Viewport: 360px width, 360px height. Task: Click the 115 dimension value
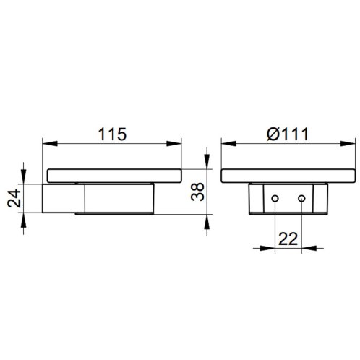(x=112, y=134)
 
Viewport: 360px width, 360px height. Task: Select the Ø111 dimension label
(x=288, y=134)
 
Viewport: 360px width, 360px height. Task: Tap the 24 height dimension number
(x=14, y=198)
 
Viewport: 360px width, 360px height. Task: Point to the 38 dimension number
(x=197, y=192)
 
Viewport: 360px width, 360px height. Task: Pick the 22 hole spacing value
(x=288, y=239)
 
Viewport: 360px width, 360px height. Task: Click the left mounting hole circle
(x=275, y=199)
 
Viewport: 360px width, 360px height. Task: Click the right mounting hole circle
(x=301, y=199)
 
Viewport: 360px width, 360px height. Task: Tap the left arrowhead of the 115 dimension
(x=50, y=144)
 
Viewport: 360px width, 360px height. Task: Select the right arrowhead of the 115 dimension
(x=173, y=144)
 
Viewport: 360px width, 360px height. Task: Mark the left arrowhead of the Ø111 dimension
(x=228, y=144)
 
